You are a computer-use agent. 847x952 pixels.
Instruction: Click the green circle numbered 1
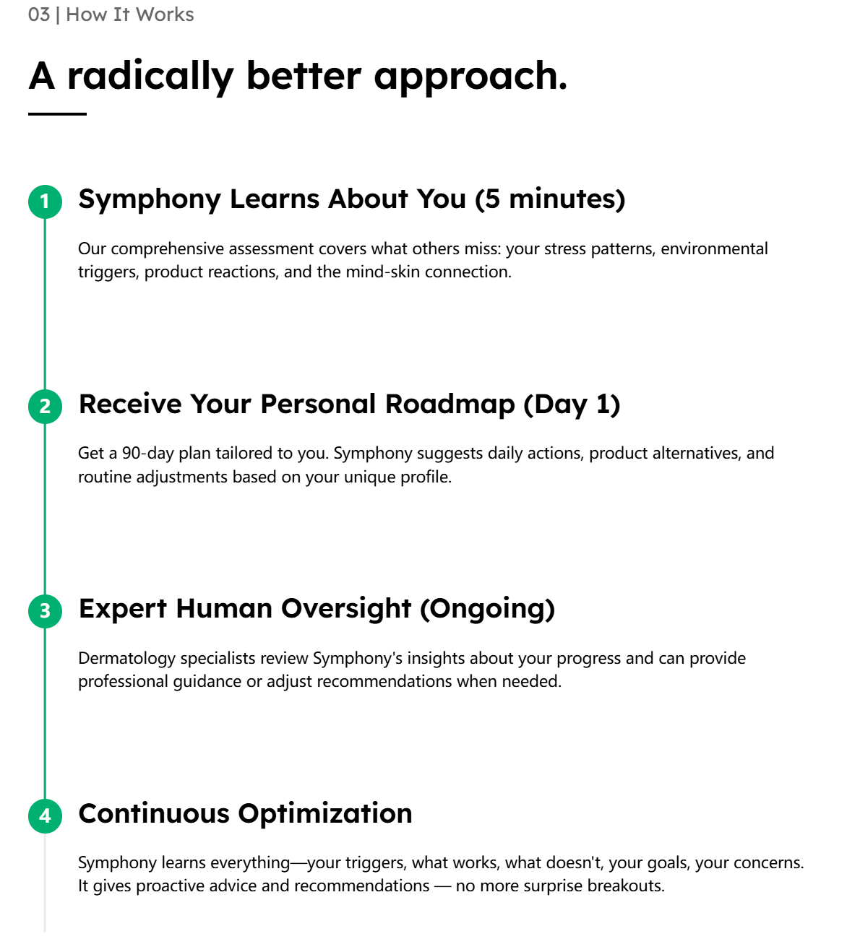pyautogui.click(x=45, y=202)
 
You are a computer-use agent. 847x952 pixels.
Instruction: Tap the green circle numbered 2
pyautogui.click(x=45, y=407)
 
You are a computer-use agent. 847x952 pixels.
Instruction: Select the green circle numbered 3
pyautogui.click(x=45, y=611)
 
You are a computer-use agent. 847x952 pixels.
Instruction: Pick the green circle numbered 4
pyautogui.click(x=45, y=816)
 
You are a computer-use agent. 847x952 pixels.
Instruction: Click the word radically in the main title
pyautogui.click(x=150, y=77)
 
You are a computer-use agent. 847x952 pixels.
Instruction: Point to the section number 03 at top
pyautogui.click(x=39, y=15)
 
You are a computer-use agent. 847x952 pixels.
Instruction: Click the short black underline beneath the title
pyautogui.click(x=57, y=113)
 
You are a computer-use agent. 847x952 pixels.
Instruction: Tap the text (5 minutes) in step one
pyautogui.click(x=550, y=199)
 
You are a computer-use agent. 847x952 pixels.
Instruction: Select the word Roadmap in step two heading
pyautogui.click(x=450, y=404)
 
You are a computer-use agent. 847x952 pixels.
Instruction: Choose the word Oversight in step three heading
pyautogui.click(x=346, y=609)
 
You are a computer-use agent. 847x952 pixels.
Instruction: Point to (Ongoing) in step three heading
pyautogui.click(x=487, y=610)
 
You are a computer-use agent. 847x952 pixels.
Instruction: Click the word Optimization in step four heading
pyautogui.click(x=325, y=814)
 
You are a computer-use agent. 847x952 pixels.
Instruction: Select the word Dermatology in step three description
pyautogui.click(x=126, y=659)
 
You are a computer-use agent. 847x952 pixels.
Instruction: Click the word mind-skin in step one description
pyautogui.click(x=383, y=272)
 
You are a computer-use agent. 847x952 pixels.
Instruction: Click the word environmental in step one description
pyautogui.click(x=714, y=248)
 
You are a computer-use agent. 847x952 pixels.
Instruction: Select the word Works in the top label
pyautogui.click(x=164, y=15)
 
